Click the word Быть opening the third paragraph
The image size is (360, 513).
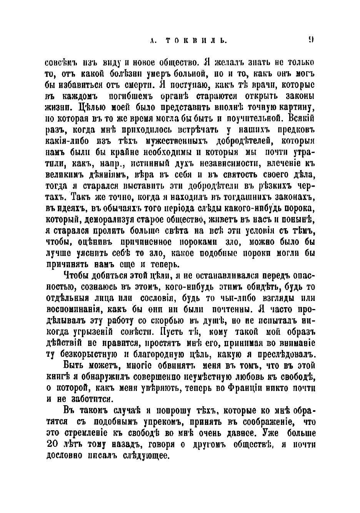point(72,365)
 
